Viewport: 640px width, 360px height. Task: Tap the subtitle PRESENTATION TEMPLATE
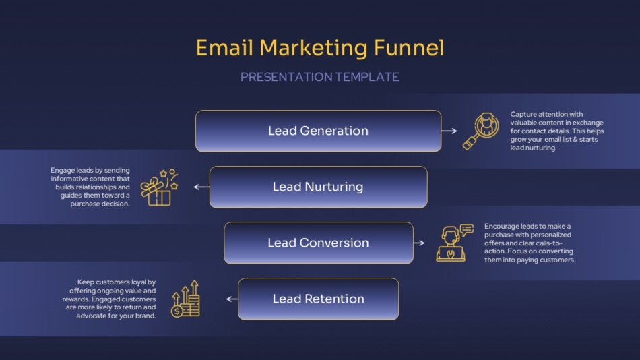(x=319, y=77)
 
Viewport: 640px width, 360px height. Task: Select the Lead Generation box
(x=318, y=131)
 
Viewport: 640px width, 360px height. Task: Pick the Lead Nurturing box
(x=318, y=187)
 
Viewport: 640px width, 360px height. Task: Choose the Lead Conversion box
(x=318, y=243)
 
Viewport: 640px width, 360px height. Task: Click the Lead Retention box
(x=318, y=299)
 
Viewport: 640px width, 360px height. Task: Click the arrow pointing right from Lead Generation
(x=449, y=131)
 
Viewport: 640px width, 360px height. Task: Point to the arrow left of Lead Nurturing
(x=201, y=187)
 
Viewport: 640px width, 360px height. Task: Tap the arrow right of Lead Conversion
(x=419, y=243)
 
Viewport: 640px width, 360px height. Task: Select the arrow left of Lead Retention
(x=232, y=299)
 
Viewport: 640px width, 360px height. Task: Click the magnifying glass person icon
(x=480, y=131)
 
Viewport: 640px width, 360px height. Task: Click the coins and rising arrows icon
(x=186, y=299)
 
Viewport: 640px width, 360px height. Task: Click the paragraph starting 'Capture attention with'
(x=554, y=131)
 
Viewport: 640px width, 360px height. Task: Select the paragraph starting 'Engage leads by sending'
(x=90, y=187)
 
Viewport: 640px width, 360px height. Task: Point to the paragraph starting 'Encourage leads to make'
(x=530, y=243)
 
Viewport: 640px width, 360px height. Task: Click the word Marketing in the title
(x=314, y=48)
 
